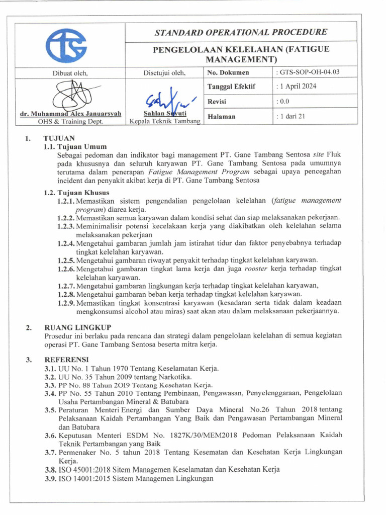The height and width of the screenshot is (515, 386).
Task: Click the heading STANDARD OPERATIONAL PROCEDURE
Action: [x=241, y=32]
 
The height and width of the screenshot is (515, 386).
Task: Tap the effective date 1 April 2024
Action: [x=298, y=87]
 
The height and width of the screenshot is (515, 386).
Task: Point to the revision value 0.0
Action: [x=284, y=101]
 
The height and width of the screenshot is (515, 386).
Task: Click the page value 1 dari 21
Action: [x=292, y=116]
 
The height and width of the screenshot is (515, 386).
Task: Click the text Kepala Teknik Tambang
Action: [x=165, y=121]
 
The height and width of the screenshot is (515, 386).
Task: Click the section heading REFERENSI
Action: [x=66, y=360]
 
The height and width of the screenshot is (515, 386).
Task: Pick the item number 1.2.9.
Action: [x=65, y=302]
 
